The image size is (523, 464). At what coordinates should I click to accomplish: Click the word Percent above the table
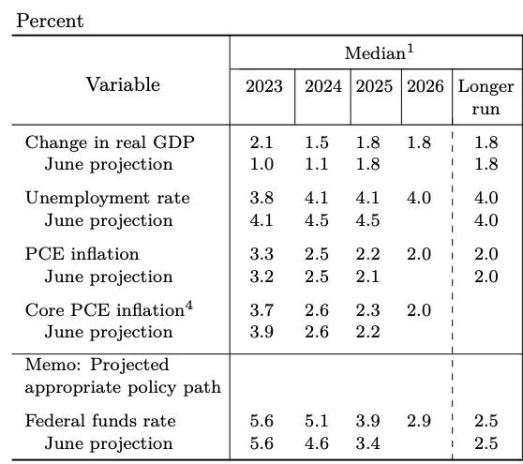point(50,22)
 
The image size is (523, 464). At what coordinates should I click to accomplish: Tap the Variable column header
point(123,84)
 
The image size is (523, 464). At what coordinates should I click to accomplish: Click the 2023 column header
point(264,86)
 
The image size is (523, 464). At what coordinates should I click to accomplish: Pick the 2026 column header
point(426,86)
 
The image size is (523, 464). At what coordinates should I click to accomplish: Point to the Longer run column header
point(486,97)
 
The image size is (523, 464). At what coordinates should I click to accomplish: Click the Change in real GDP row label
point(110,142)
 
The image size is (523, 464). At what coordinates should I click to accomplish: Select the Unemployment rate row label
point(108,198)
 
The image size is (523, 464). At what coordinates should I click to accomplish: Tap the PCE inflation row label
point(82,254)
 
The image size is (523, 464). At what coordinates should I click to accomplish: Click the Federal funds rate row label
point(100,421)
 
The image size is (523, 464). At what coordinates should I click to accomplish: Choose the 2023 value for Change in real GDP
point(261,142)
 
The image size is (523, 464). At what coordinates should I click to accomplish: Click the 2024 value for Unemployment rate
point(317,198)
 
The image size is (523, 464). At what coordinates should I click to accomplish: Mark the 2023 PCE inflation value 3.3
point(261,254)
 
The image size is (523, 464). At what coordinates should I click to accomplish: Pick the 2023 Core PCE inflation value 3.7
point(261,310)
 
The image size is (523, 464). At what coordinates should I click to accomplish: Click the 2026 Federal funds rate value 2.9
point(419,421)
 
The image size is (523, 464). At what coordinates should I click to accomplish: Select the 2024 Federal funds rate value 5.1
point(317,421)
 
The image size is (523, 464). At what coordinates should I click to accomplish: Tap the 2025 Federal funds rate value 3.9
point(368,421)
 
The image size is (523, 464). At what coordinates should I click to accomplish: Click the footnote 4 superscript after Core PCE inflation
point(189,306)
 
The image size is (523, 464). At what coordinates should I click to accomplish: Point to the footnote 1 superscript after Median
point(411,49)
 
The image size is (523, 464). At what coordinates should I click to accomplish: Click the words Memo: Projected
point(97,366)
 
